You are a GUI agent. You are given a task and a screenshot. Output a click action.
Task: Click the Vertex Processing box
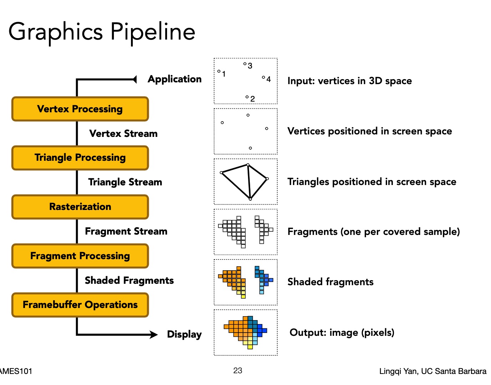point(80,109)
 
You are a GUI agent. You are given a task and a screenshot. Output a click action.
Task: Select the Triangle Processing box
point(80,158)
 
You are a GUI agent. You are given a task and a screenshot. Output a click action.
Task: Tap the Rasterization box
point(80,207)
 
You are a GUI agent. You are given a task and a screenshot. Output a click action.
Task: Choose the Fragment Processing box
point(80,256)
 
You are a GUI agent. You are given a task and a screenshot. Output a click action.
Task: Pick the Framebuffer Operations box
point(80,305)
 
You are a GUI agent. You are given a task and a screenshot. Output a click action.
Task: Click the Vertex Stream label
point(123,134)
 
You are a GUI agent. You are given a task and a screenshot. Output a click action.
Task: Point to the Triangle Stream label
point(125,182)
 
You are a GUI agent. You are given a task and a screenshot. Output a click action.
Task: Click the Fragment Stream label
point(126,231)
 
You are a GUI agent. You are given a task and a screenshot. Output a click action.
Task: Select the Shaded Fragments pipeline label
point(129,281)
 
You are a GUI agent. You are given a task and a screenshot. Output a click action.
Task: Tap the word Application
point(174,79)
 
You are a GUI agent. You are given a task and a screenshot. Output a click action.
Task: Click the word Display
point(184,334)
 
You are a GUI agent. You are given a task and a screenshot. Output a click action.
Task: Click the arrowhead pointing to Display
point(153,334)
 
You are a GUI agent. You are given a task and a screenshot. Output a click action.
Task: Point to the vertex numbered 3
point(245,64)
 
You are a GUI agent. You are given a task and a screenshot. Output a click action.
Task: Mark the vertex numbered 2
point(247,97)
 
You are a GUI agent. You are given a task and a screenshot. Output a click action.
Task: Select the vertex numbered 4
point(263,77)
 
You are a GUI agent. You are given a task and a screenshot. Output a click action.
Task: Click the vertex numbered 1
point(219,71)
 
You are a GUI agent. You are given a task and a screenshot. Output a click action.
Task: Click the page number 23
point(238,371)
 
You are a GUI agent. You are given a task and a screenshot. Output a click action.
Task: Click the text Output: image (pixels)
point(342,333)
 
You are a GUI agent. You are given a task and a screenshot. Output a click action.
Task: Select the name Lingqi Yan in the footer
point(398,371)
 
